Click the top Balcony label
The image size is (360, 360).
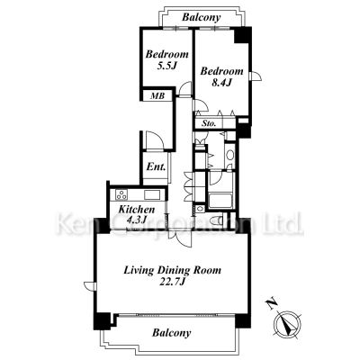click(x=202, y=17)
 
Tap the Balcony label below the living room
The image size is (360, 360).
click(x=171, y=333)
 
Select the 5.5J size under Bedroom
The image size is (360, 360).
click(x=166, y=66)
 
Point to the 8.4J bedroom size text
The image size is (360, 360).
click(x=221, y=83)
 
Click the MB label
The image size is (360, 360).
click(x=157, y=96)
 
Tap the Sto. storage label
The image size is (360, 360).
click(x=209, y=123)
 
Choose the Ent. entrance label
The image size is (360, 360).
click(x=156, y=166)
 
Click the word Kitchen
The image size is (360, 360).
click(x=137, y=210)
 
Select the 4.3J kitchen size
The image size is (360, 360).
click(x=137, y=220)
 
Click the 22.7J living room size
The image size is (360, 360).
click(x=172, y=282)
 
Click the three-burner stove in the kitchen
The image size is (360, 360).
click(x=121, y=194)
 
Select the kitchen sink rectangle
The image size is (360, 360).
click(x=151, y=194)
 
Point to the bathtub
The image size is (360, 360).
click(x=220, y=201)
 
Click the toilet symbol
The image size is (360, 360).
click(x=217, y=220)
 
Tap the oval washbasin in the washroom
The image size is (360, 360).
click(x=230, y=155)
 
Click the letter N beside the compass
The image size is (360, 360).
click(x=272, y=304)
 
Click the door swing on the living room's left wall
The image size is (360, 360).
click(x=89, y=286)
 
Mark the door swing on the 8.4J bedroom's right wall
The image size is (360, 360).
click(x=256, y=76)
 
